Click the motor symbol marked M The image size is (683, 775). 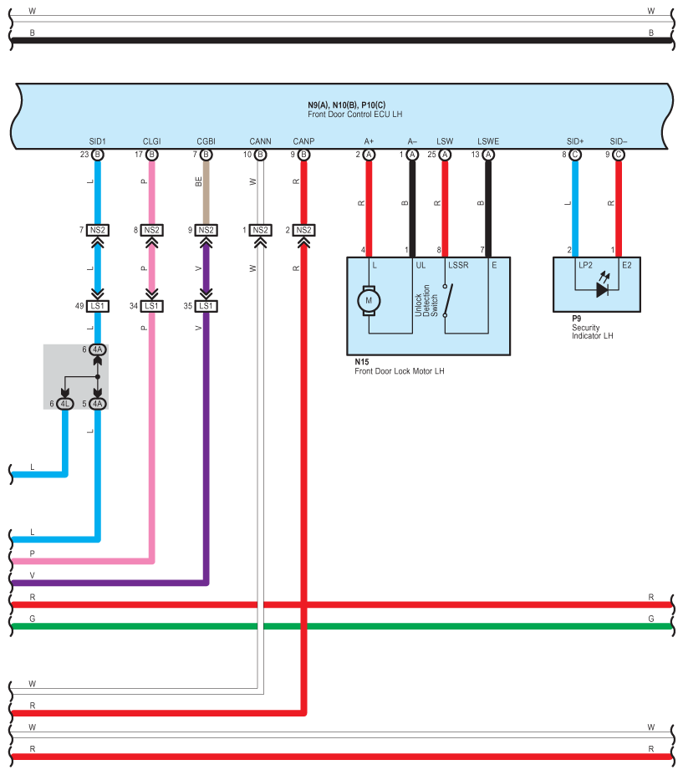pos(369,300)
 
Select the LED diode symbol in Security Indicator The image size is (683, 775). pos(602,289)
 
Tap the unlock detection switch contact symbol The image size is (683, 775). pos(447,300)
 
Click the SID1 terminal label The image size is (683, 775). pos(97,141)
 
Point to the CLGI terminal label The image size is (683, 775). pos(151,141)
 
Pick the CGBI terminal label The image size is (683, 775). pos(206,141)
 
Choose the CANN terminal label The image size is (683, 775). pos(261,141)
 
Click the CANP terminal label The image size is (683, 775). pos(303,141)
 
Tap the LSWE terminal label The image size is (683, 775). pos(488,141)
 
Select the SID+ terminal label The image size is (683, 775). pos(575,141)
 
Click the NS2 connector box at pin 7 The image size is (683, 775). pos(97,230)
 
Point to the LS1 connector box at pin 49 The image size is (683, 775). pos(97,307)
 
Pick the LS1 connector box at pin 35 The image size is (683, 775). pos(206,307)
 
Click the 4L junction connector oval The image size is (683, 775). pos(64,404)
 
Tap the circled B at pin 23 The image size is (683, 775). pos(97,155)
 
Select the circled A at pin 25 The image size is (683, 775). pos(445,155)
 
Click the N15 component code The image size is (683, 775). pos(362,362)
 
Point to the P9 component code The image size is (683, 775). pos(576,319)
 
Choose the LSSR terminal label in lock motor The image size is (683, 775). pos(458,265)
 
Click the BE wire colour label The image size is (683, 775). pos(199,181)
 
